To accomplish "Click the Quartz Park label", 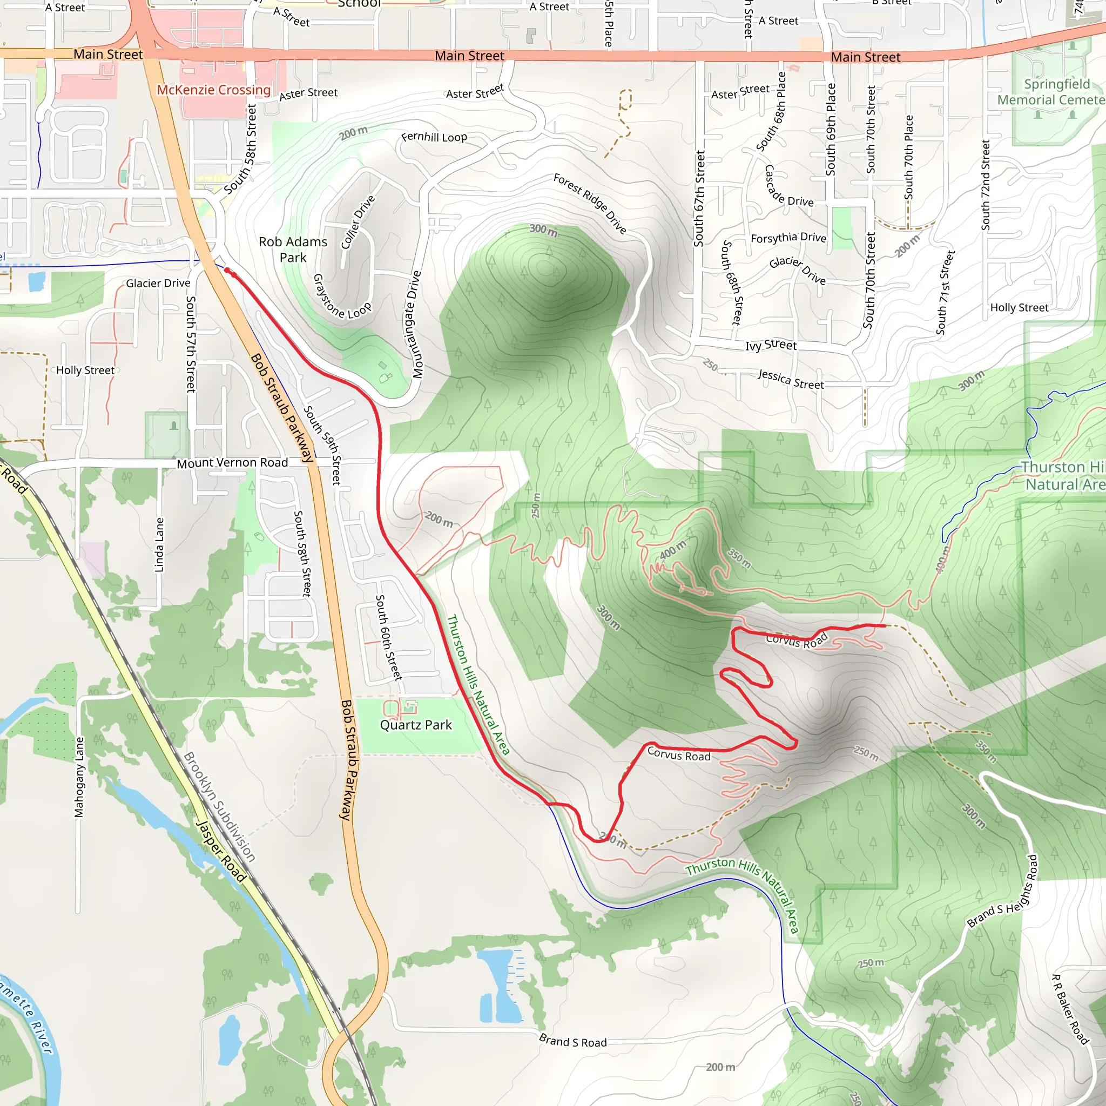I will (x=416, y=725).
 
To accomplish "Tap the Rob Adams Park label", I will (x=293, y=249).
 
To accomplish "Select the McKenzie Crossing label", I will (x=213, y=90).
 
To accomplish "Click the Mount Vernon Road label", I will (x=232, y=463).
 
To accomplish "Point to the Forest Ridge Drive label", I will (x=590, y=204).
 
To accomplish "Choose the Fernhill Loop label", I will (x=434, y=137).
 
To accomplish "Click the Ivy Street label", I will (x=771, y=345).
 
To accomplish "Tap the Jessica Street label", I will (x=791, y=380).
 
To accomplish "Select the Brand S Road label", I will (x=572, y=1041).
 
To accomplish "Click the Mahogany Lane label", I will (x=79, y=777).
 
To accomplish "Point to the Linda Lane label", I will (x=159, y=544).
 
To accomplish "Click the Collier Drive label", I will (x=358, y=222).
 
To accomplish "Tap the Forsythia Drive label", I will (x=788, y=238).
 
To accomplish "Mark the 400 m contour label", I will (x=672, y=550).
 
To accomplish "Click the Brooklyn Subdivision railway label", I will (x=219, y=807).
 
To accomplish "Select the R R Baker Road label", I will (x=1069, y=1009).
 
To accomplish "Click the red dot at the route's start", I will (x=227, y=270).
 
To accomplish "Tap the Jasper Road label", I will (x=221, y=851).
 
